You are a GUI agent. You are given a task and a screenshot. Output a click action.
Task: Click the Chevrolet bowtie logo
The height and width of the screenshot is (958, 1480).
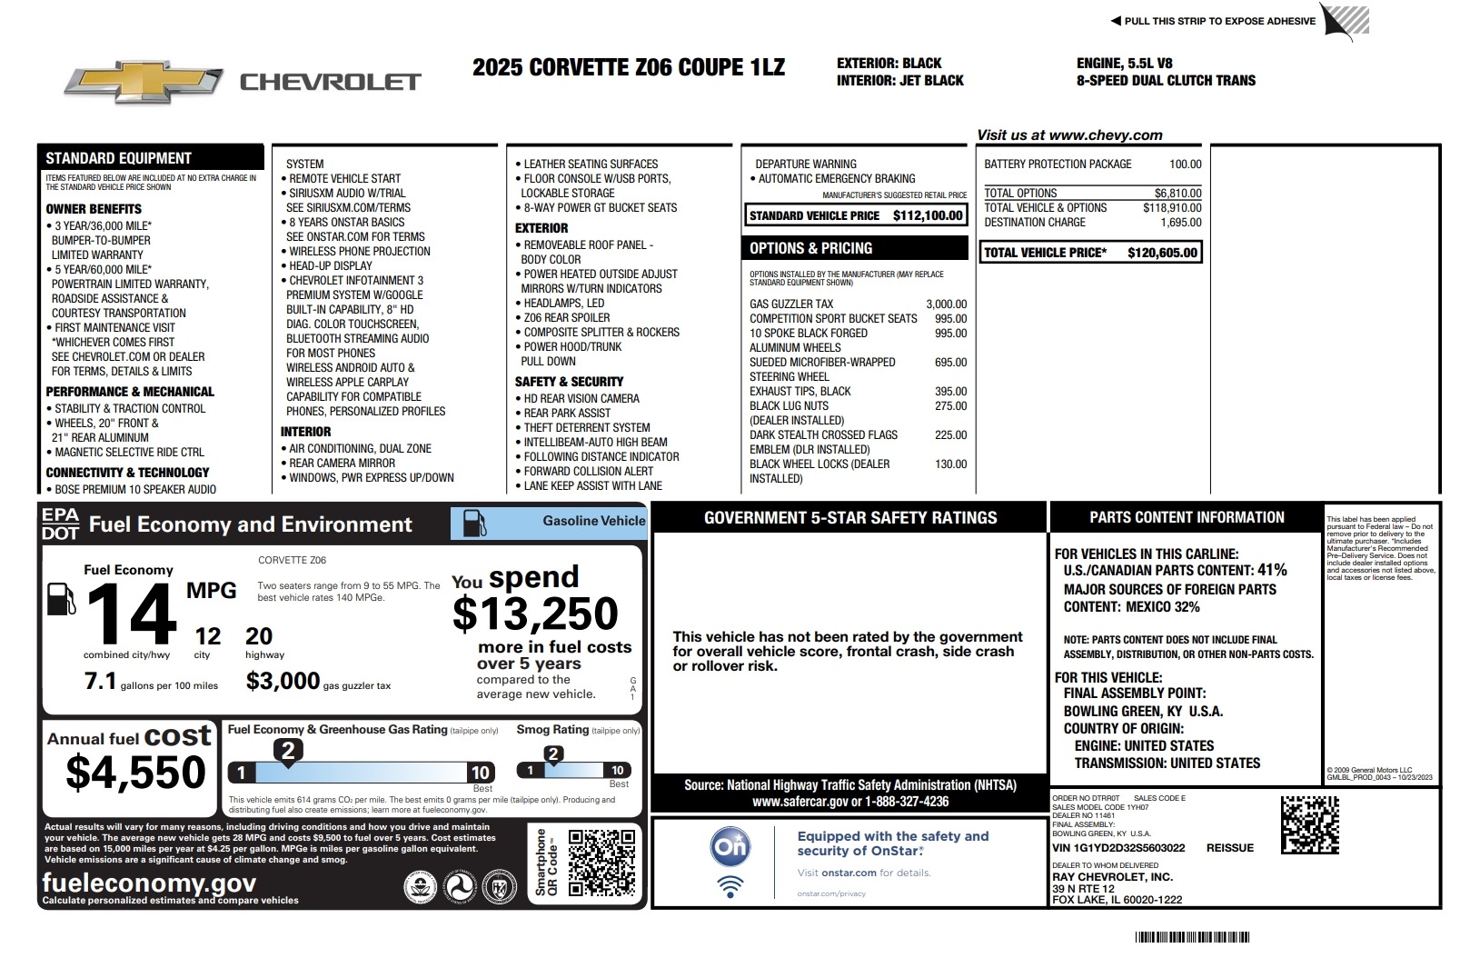click(144, 83)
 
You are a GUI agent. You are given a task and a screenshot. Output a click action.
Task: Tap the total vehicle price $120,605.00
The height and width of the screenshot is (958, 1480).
click(1162, 253)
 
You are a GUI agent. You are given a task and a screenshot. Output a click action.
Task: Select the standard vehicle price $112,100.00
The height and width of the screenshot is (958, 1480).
click(927, 216)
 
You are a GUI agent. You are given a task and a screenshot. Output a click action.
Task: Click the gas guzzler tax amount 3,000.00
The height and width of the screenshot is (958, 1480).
click(946, 304)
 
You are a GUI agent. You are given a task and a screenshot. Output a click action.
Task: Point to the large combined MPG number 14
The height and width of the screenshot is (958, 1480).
click(132, 615)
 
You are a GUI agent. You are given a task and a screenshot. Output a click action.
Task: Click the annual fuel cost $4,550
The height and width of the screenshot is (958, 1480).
click(136, 773)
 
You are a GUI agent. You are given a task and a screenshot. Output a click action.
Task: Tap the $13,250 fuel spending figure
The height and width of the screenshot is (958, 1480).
click(535, 614)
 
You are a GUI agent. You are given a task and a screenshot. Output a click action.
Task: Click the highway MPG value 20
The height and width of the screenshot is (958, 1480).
click(259, 636)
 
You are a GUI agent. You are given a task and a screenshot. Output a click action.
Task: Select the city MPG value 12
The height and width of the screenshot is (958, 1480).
click(207, 636)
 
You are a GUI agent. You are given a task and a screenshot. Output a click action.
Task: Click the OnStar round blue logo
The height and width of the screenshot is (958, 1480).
click(730, 847)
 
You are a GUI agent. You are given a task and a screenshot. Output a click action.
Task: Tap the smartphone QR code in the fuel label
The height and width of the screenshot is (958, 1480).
click(601, 863)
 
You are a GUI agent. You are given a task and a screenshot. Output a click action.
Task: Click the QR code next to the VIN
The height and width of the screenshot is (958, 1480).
click(1309, 824)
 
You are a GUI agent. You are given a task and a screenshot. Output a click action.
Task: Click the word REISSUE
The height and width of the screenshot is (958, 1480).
click(1229, 848)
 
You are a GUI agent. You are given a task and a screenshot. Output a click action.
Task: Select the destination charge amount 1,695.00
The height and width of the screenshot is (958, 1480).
click(1180, 223)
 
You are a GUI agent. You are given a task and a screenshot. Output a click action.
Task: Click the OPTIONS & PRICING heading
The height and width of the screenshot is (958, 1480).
click(810, 248)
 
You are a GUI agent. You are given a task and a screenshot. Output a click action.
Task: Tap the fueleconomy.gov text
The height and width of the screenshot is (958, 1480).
click(149, 883)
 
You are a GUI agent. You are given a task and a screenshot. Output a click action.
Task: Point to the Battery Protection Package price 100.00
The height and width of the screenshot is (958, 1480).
click(1185, 165)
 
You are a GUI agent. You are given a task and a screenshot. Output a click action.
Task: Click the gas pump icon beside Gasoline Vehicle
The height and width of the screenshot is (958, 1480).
click(474, 523)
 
